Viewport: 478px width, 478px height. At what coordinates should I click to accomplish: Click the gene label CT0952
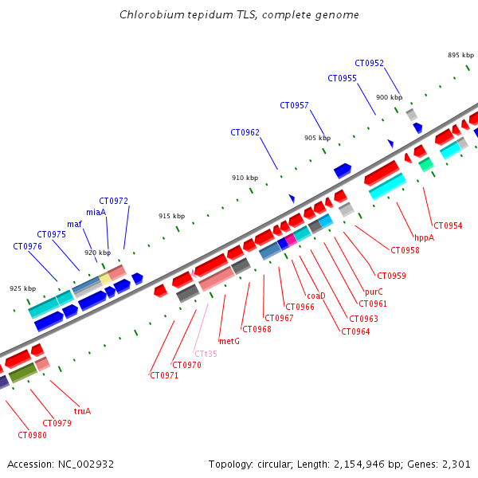click(x=369, y=63)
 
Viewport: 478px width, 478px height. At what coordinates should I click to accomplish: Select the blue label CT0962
click(x=245, y=132)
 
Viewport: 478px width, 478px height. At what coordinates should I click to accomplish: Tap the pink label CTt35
click(x=206, y=354)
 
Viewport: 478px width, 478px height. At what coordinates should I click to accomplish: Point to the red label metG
click(x=229, y=341)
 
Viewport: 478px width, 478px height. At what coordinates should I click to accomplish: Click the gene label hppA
click(x=424, y=237)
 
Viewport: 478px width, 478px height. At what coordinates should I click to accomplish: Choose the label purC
click(x=374, y=292)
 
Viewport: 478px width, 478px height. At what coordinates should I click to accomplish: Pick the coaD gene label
click(x=315, y=296)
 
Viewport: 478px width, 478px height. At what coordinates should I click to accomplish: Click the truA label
click(x=82, y=412)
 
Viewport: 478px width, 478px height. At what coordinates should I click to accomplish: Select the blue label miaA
click(x=96, y=212)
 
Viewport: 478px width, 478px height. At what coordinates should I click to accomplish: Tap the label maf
click(x=74, y=224)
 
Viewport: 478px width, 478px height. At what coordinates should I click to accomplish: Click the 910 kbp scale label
click(x=245, y=178)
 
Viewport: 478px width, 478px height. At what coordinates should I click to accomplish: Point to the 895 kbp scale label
click(x=460, y=55)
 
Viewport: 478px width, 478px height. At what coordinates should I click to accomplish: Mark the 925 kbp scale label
click(x=22, y=288)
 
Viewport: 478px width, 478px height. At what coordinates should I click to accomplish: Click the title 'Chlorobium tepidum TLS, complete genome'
click(x=239, y=15)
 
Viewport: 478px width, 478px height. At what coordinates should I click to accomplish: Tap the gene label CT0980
click(x=32, y=435)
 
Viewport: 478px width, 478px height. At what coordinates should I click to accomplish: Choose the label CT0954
click(x=448, y=225)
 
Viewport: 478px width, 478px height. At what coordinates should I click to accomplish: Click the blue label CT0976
click(x=27, y=246)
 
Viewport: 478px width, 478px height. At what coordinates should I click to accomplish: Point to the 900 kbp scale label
click(x=389, y=97)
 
